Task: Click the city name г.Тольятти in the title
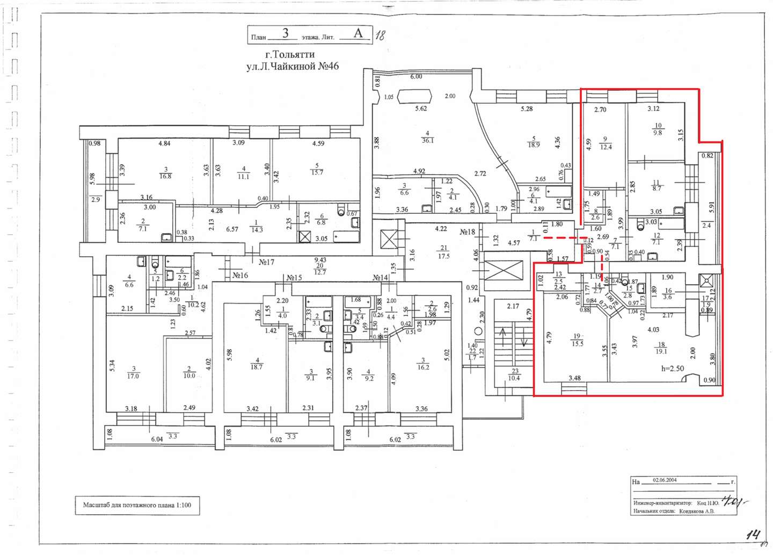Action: click(x=290, y=54)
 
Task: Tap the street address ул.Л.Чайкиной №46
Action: click(x=293, y=67)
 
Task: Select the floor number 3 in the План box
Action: click(x=286, y=33)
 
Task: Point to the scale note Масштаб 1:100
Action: click(x=137, y=505)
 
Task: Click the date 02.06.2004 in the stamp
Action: click(x=665, y=480)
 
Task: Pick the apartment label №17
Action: click(x=267, y=262)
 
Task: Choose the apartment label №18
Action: click(x=468, y=232)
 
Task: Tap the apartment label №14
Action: click(x=381, y=278)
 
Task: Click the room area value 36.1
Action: click(x=428, y=141)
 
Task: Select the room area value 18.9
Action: click(x=534, y=145)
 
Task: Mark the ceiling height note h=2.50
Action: click(x=673, y=369)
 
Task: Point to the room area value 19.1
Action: click(x=661, y=351)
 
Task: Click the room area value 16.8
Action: click(x=165, y=176)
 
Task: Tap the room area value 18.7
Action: click(x=257, y=367)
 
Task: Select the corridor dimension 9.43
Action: click(x=320, y=260)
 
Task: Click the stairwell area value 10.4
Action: click(x=514, y=378)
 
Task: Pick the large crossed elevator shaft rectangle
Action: click(x=504, y=271)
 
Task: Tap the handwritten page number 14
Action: click(x=753, y=535)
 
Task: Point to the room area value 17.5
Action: click(x=443, y=256)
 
